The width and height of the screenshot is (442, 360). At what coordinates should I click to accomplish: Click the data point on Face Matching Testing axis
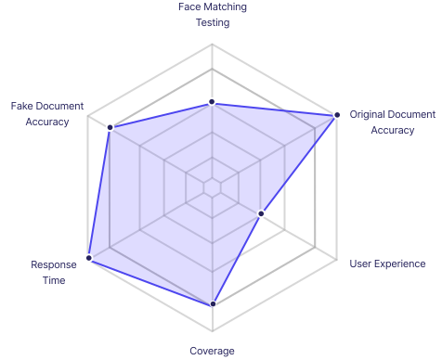point(212,101)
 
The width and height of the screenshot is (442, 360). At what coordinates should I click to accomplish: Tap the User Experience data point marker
point(261,214)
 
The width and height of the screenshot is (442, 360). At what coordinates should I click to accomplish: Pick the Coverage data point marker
point(213,303)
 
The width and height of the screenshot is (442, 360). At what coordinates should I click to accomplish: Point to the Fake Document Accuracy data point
point(110,127)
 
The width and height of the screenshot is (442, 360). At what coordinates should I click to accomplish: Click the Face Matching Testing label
point(212,15)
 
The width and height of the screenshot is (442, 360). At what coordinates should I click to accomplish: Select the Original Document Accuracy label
point(392,122)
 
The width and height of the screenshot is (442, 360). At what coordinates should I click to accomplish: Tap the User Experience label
point(387,264)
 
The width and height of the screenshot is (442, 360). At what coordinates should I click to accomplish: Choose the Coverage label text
point(212,351)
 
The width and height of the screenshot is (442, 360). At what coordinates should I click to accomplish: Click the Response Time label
point(47,272)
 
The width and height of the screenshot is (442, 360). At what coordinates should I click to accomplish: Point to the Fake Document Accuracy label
point(46,114)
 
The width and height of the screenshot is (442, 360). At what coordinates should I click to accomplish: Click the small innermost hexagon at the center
point(213,187)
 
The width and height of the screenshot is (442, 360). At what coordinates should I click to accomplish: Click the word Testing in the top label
point(212,23)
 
